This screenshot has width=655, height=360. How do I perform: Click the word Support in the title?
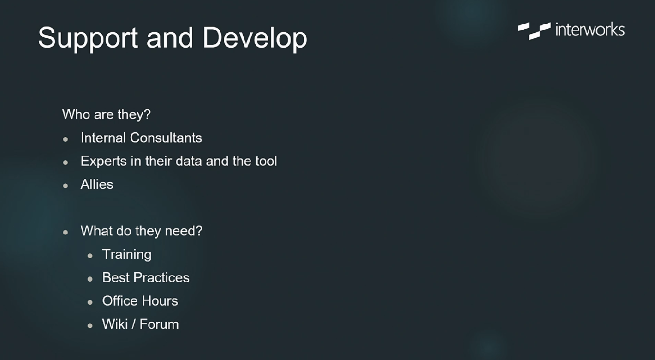[x=88, y=39]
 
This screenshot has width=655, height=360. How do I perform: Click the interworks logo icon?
[x=534, y=30]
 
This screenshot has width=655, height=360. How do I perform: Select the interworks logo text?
[x=590, y=30]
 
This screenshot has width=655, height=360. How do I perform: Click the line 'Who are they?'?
[x=106, y=114]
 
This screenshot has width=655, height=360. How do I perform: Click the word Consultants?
[x=166, y=138]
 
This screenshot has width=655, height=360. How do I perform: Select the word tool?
[x=266, y=161]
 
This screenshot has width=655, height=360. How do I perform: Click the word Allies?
[x=97, y=185]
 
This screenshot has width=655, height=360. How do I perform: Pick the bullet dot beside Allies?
[x=65, y=186]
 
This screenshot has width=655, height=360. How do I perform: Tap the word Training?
[x=127, y=255]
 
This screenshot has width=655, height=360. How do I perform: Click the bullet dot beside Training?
[x=90, y=256]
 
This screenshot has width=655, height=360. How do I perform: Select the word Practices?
[x=161, y=277]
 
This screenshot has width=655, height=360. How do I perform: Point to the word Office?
[x=120, y=301]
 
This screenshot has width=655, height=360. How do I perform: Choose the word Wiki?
[x=114, y=324]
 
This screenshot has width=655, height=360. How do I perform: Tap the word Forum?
[x=159, y=324]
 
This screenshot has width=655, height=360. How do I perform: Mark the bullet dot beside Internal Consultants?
[x=65, y=139]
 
